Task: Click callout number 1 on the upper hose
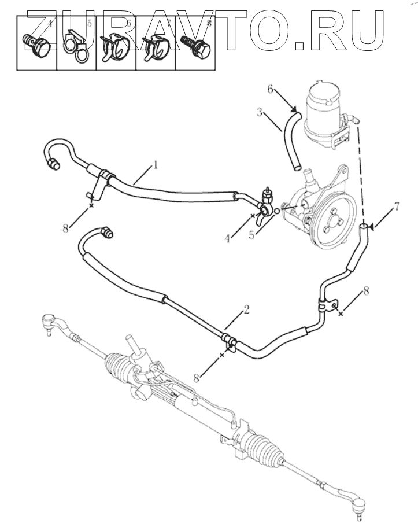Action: click(155, 165)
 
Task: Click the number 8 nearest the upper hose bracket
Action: click(66, 227)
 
